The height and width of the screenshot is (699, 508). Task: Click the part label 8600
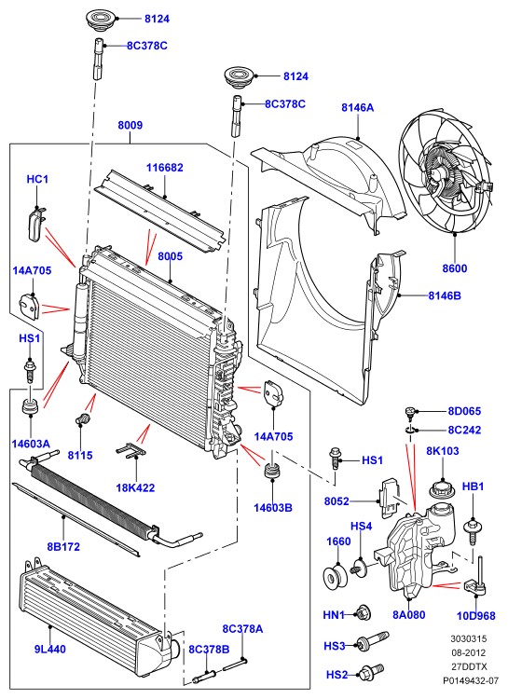click(455, 268)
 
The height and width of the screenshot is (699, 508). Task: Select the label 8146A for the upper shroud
click(358, 107)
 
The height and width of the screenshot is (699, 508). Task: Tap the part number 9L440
click(50, 649)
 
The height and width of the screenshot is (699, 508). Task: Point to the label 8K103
click(443, 451)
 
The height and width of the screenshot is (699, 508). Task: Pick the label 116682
click(165, 168)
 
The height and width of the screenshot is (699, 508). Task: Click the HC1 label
click(37, 179)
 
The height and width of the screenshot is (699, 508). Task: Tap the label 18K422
click(135, 487)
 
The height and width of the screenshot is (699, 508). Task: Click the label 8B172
click(63, 546)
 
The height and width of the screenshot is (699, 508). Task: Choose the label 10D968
click(476, 616)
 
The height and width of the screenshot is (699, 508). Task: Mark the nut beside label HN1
click(363, 613)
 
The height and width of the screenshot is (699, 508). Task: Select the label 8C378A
click(242, 628)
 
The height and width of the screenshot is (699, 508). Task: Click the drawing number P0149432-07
click(471, 680)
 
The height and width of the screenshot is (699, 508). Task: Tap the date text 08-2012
click(468, 652)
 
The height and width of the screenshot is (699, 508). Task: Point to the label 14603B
click(273, 507)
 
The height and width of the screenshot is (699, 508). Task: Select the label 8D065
click(465, 411)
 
